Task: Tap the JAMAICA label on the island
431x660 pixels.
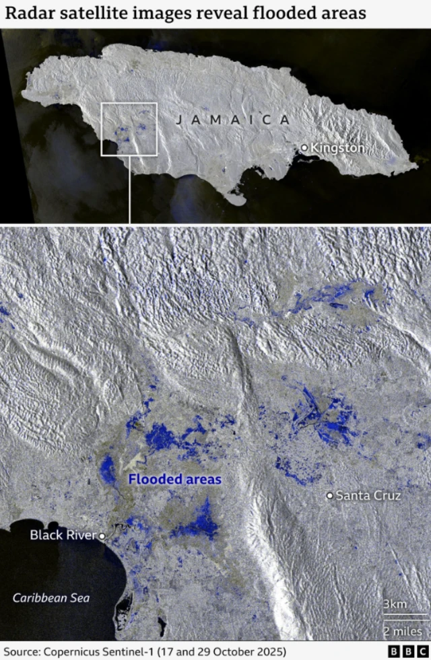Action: point(232,120)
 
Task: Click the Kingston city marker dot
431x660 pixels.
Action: point(304,147)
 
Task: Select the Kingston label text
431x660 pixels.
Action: point(337,147)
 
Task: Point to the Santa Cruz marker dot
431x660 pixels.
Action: point(329,496)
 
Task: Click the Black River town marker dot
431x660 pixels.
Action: point(102,536)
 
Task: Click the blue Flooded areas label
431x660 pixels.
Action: point(174,480)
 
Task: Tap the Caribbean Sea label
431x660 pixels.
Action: point(51,597)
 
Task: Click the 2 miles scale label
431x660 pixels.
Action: point(403,631)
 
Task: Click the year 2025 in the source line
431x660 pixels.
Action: point(267,652)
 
